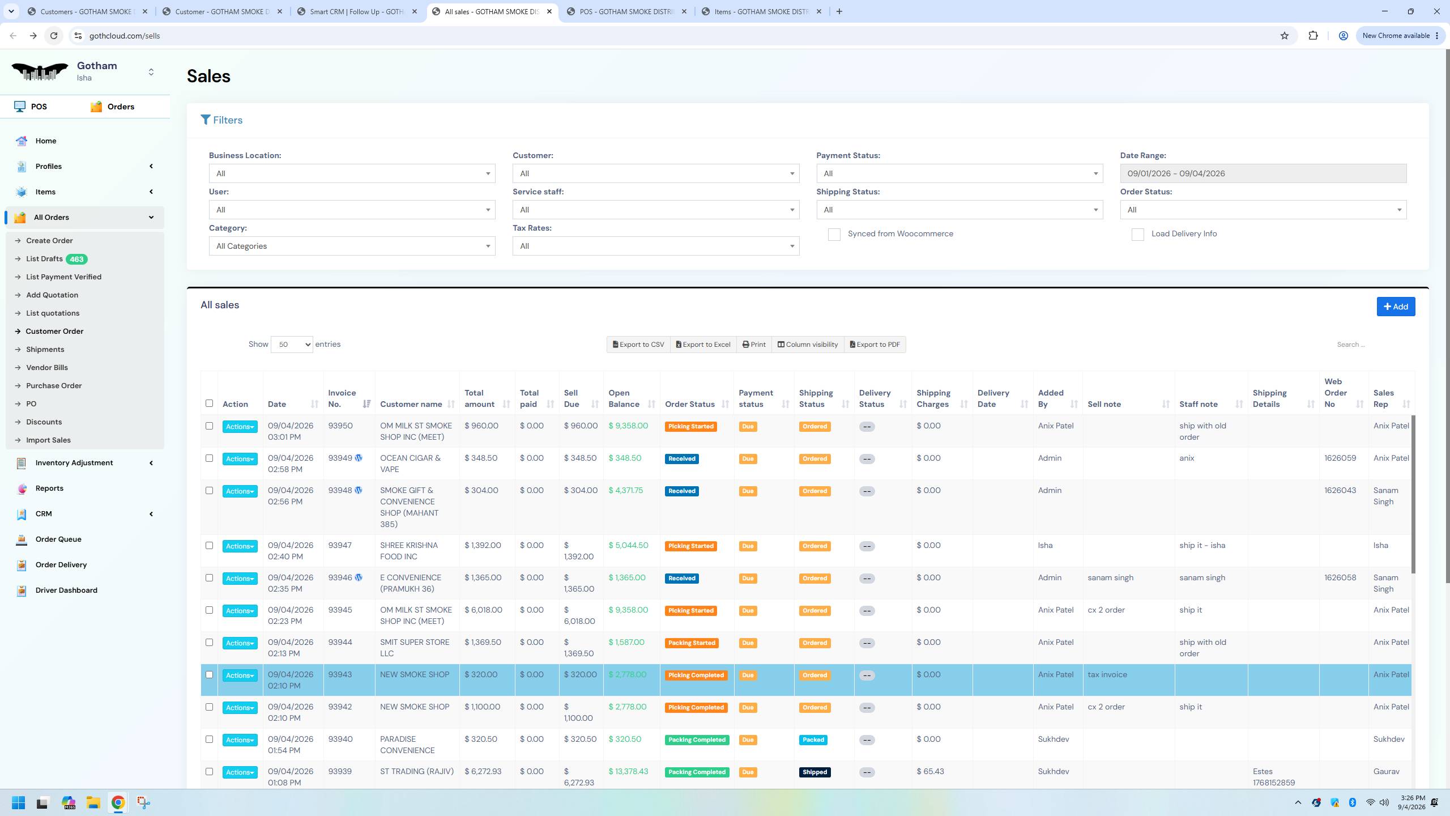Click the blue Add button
(1396, 307)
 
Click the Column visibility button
(807, 345)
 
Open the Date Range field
(1263, 173)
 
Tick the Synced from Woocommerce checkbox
(834, 235)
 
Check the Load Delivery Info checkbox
(1137, 235)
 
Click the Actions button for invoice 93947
(240, 546)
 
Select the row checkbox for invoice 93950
(209, 426)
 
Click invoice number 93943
(340, 674)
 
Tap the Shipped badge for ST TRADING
(814, 772)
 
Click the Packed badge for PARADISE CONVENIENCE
(813, 740)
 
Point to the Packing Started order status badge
(692, 643)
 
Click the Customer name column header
(411, 404)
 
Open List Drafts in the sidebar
(44, 259)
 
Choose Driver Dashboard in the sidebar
(66, 590)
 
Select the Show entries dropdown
(292, 345)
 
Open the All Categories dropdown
(352, 246)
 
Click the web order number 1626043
(1340, 490)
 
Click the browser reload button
(54, 36)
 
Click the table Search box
(1371, 345)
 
